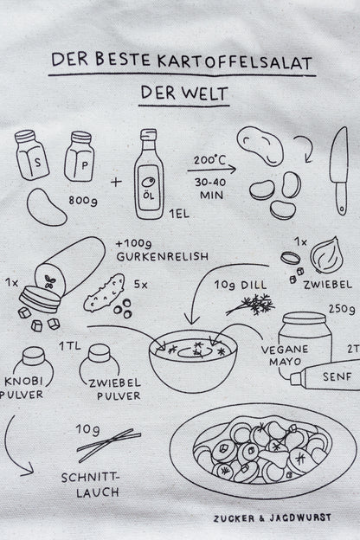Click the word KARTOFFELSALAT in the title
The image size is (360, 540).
click(235, 62)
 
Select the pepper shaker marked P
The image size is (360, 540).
click(80, 157)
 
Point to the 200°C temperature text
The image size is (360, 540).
click(209, 160)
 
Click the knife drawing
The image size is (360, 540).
click(339, 170)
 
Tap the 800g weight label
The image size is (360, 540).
click(83, 201)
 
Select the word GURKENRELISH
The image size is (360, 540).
click(163, 256)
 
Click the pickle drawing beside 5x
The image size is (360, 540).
click(104, 292)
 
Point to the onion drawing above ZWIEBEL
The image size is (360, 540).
click(326, 254)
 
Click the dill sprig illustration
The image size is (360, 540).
click(251, 305)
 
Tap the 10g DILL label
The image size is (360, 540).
click(241, 285)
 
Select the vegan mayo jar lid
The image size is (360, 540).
click(304, 318)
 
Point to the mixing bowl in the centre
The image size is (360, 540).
click(193, 361)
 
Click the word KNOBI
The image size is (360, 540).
click(23, 382)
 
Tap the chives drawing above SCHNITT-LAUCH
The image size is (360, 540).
click(109, 445)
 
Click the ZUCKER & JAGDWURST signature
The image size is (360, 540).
click(273, 518)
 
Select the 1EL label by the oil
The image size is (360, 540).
click(179, 214)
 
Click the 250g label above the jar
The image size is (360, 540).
click(342, 309)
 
